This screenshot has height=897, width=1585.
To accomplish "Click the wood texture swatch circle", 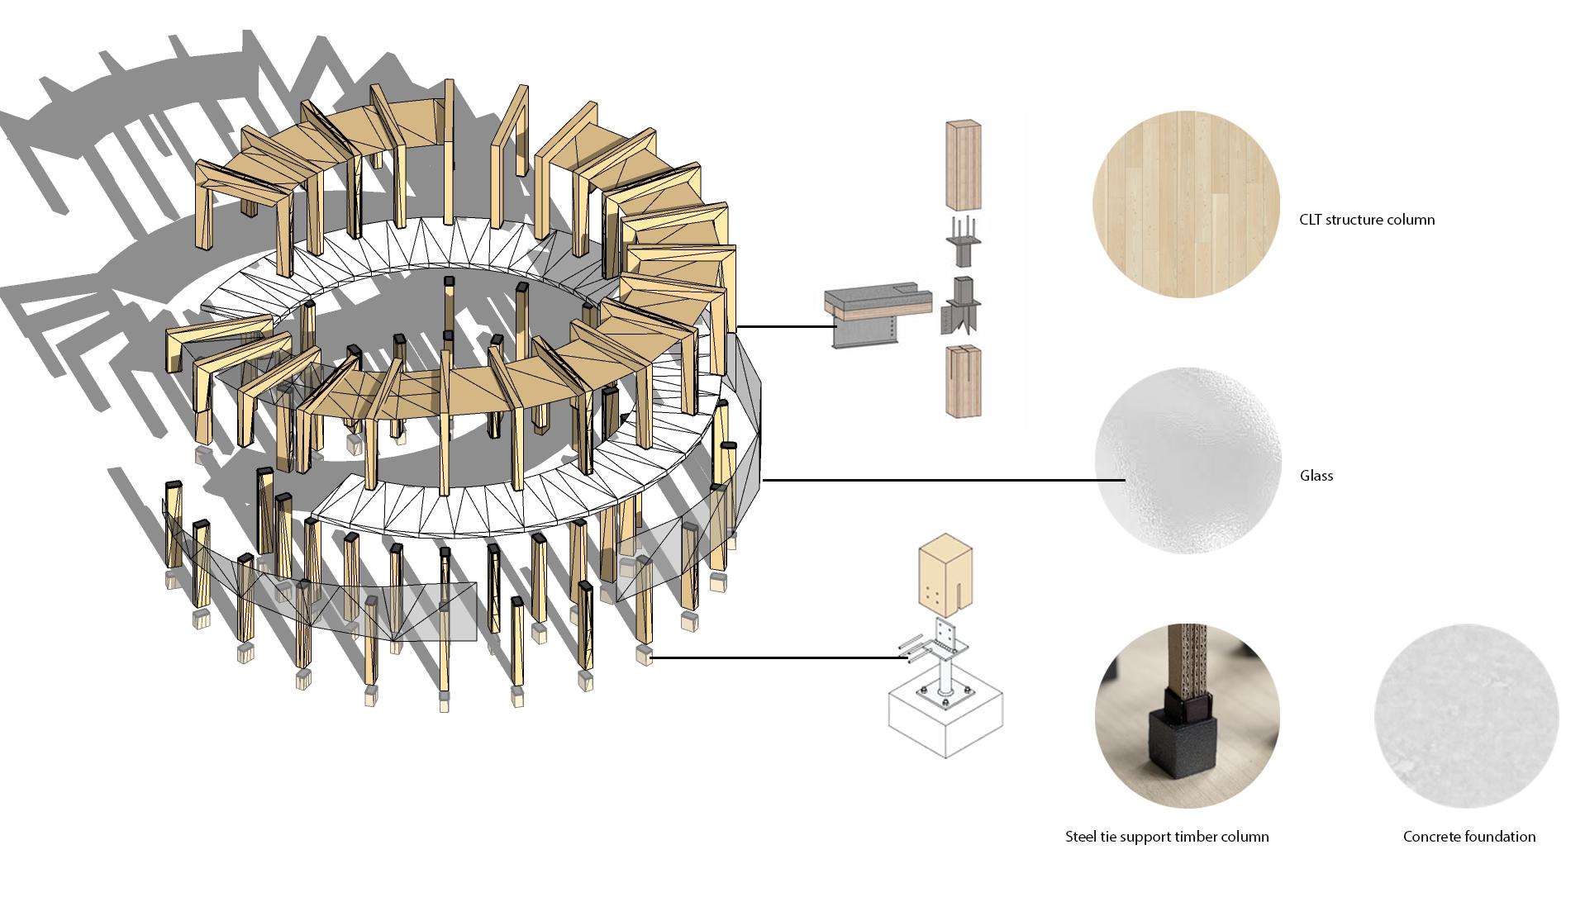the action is click(1186, 204).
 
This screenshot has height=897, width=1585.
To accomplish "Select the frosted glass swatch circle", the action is click(1188, 461).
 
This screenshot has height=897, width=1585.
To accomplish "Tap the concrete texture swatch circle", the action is click(1467, 716).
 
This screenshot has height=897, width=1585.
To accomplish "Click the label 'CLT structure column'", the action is click(1367, 220).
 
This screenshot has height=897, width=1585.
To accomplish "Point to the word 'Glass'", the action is click(1316, 476).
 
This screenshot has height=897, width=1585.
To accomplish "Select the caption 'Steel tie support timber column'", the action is click(1167, 837).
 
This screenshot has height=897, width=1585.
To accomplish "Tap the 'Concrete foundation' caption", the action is click(1469, 837).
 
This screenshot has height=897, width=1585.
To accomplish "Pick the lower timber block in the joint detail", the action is click(963, 381).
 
